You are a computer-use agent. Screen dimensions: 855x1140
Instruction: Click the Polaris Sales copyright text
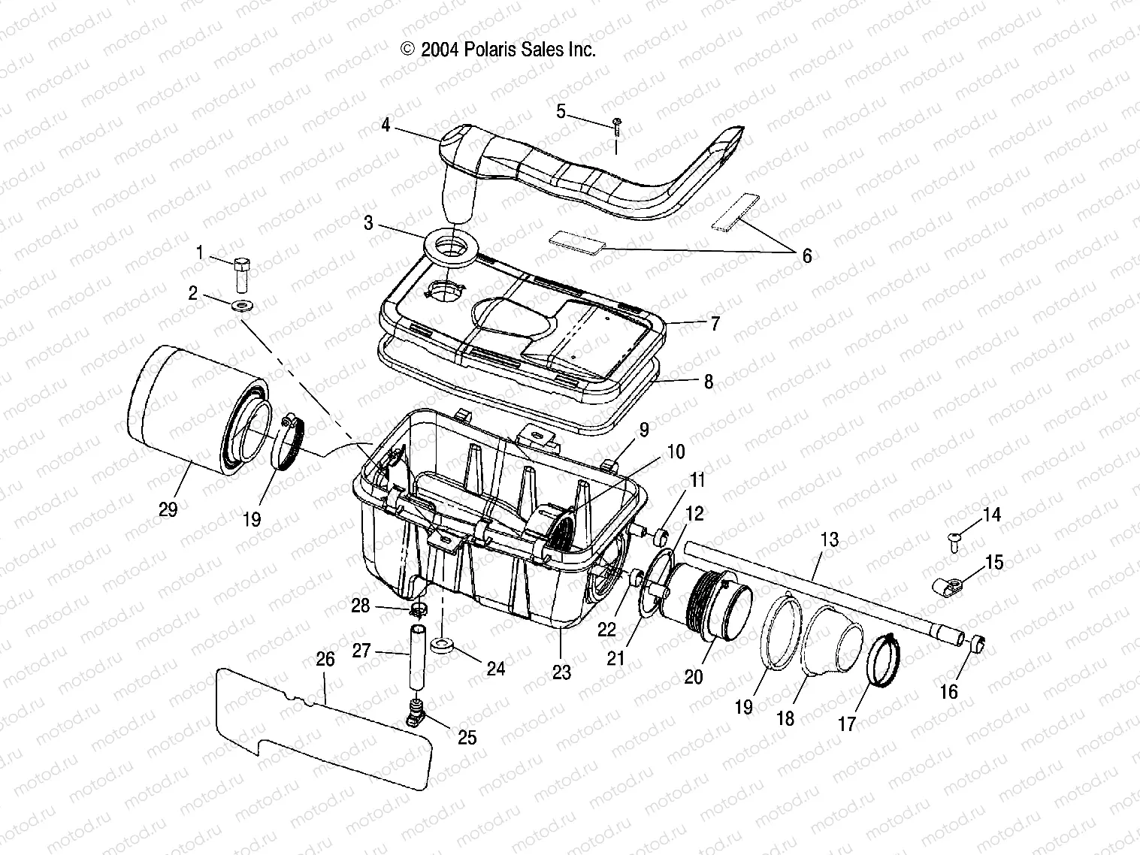[499, 50]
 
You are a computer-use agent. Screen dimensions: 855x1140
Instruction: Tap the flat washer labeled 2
[242, 305]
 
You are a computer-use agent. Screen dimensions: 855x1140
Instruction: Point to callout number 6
[806, 256]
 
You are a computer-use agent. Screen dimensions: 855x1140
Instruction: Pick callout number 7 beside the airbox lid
[715, 324]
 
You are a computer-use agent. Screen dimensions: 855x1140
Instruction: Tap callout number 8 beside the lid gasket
[708, 382]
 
